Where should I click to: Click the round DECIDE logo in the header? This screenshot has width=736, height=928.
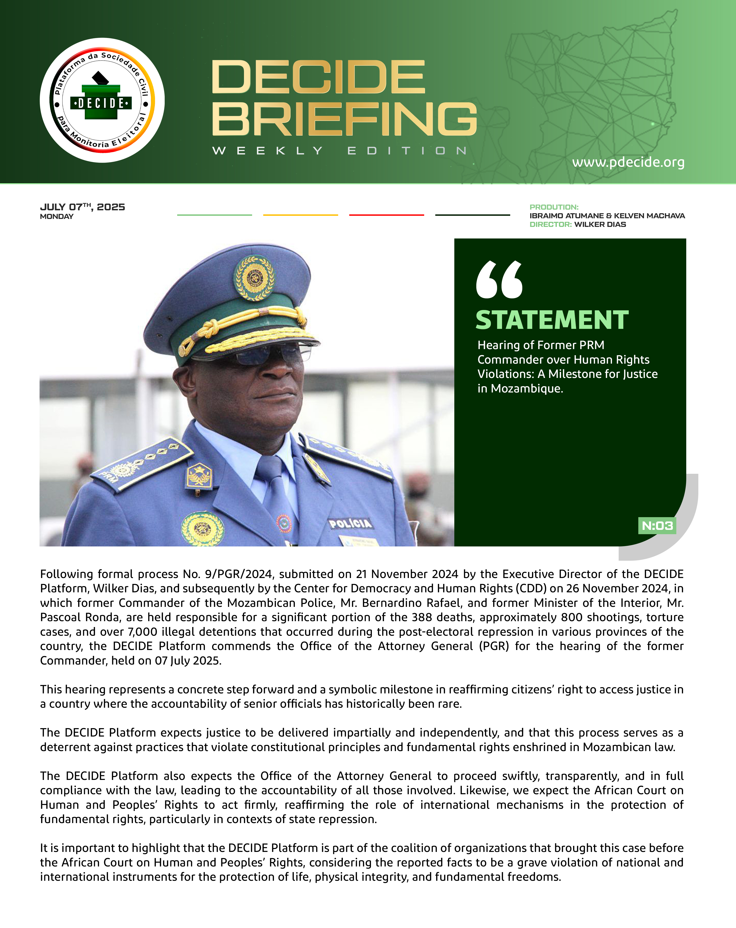click(x=102, y=100)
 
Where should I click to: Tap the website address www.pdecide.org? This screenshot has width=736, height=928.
click(x=628, y=162)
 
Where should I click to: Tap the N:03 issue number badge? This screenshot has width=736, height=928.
click(x=657, y=526)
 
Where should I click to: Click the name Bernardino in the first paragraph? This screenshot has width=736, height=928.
click(x=392, y=603)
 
